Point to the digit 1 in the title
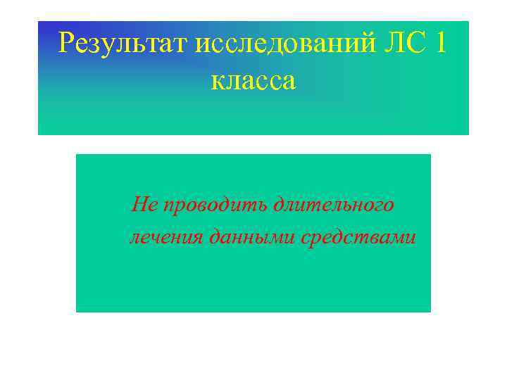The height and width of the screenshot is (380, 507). [x=441, y=45]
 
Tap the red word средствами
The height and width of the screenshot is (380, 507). [x=358, y=237]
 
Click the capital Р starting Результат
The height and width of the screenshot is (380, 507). [x=67, y=45]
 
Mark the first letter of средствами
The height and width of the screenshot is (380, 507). [x=306, y=238]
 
